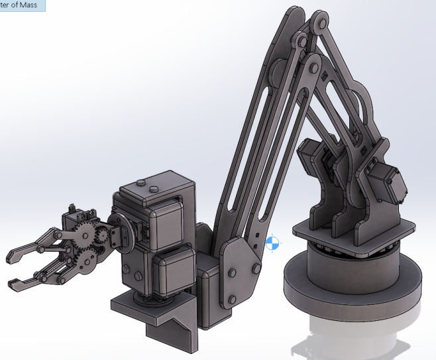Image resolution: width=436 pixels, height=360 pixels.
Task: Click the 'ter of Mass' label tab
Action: tap(23, 5)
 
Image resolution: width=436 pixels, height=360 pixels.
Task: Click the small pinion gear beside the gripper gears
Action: tap(103, 237)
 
